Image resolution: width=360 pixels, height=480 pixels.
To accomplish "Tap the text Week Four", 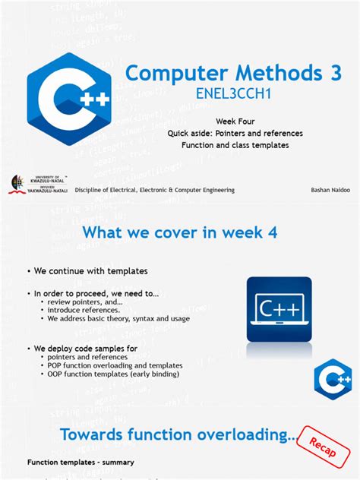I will click(x=235, y=122).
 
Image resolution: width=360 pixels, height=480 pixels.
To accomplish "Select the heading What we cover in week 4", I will click(x=178, y=232).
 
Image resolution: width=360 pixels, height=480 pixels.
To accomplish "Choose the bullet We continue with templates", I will click(x=88, y=271).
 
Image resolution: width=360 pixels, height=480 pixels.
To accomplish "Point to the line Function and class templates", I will click(x=235, y=145).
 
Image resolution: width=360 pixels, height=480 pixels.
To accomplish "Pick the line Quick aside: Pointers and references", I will click(x=235, y=133).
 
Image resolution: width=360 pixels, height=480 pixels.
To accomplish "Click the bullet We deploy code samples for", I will click(x=80, y=347).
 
